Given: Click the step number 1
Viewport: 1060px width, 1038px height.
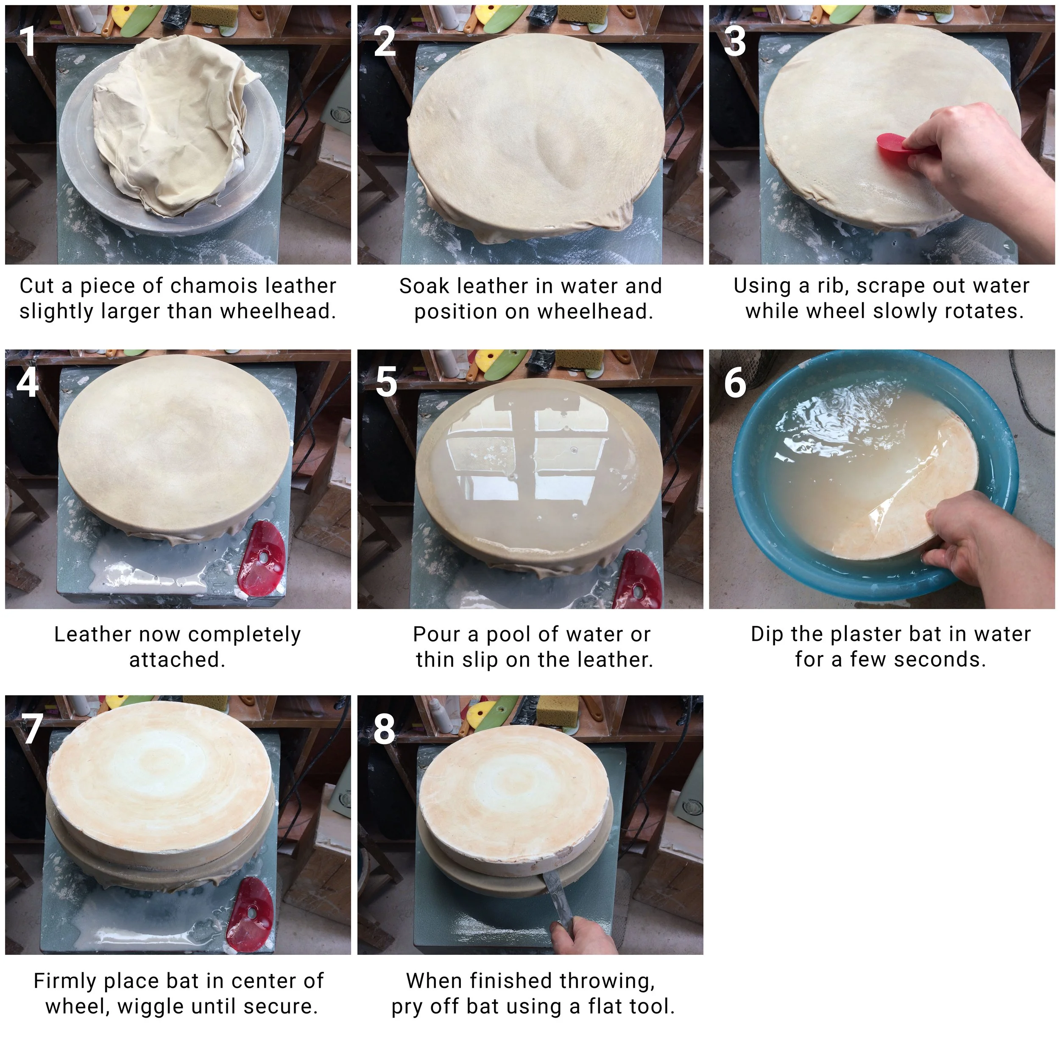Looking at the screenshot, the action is click(x=27, y=42).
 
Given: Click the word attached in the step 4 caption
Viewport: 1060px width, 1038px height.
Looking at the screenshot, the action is click(x=177, y=660).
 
